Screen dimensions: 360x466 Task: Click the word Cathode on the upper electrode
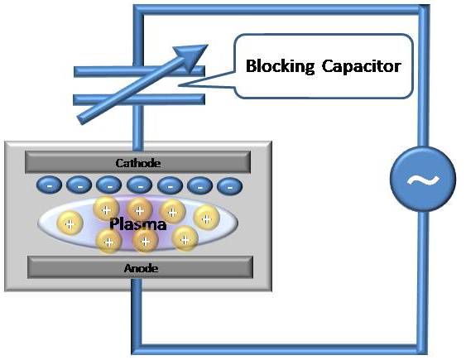(137, 163)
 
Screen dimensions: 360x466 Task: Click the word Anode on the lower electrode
(137, 268)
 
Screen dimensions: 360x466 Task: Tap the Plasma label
(138, 224)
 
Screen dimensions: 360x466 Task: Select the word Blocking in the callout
(279, 65)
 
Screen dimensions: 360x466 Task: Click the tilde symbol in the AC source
(422, 180)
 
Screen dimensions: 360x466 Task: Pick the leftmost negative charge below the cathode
(49, 185)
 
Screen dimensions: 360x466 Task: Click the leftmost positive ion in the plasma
(70, 223)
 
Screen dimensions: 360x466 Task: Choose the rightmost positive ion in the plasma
(205, 217)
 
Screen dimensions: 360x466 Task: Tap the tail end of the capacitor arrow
(81, 121)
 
